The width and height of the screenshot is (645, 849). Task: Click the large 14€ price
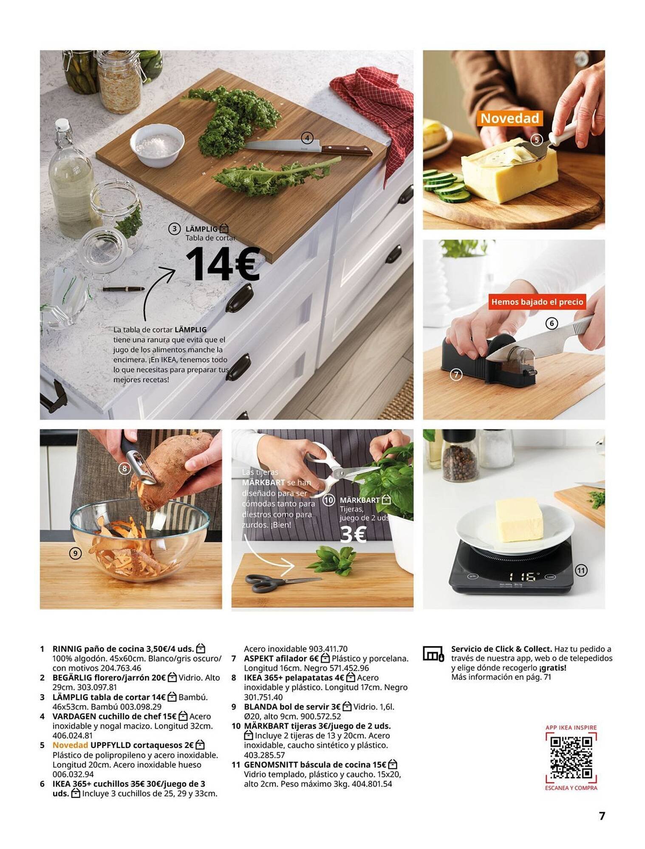point(222,264)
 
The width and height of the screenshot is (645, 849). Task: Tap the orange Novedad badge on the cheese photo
point(509,118)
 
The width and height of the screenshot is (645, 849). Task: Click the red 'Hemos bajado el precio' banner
point(537,302)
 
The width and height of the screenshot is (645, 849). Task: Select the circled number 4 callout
point(307,138)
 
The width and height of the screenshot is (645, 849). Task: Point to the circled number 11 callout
point(581,571)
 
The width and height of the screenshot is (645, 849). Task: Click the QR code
point(571,758)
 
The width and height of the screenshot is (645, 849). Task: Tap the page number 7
point(602,816)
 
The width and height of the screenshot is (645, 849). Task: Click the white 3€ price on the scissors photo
point(353,534)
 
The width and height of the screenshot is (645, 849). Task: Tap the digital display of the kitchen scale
point(523,576)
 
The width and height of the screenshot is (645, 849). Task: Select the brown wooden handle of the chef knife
point(346,150)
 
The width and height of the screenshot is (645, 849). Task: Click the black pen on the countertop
point(123,289)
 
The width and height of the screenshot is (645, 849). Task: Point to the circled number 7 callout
point(456,374)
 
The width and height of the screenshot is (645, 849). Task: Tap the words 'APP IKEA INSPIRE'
point(571,728)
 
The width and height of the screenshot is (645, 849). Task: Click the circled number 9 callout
point(75,553)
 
